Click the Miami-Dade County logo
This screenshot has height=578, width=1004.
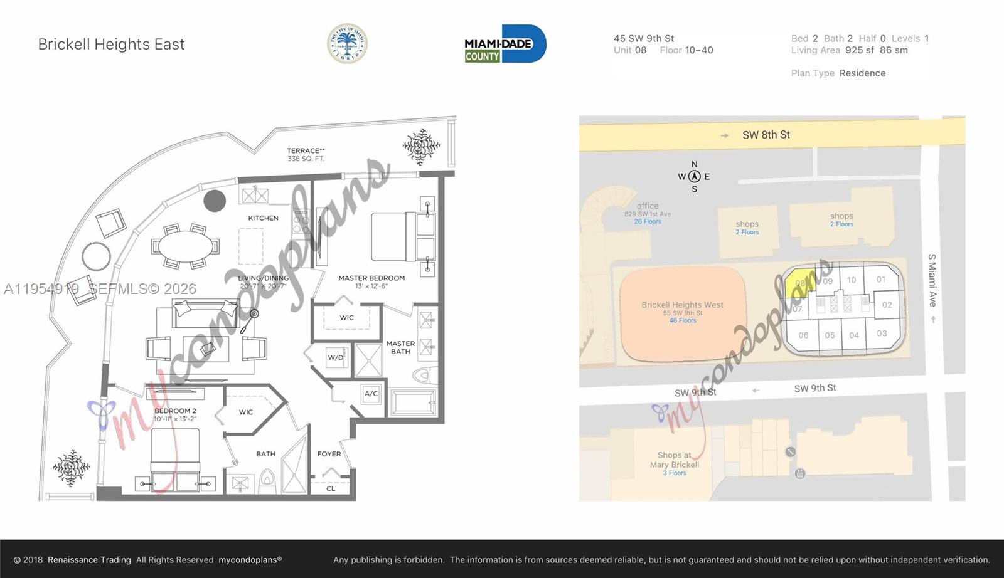(x=505, y=44)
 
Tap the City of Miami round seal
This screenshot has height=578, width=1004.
(x=347, y=44)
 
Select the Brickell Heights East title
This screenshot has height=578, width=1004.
(x=111, y=45)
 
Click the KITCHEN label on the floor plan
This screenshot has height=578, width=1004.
(x=263, y=218)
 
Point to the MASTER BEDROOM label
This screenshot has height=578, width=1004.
(x=371, y=278)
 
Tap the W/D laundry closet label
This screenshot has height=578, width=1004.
(x=336, y=358)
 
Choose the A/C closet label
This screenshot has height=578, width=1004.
(x=371, y=394)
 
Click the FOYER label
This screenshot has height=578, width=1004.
(x=329, y=454)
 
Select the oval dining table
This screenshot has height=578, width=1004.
(x=186, y=246)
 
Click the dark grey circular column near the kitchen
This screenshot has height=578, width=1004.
(x=215, y=201)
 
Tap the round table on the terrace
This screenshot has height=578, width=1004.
(x=96, y=256)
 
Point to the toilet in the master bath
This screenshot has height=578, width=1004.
(x=422, y=376)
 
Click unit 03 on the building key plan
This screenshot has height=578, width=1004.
(x=882, y=334)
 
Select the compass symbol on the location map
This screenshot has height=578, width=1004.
(x=694, y=177)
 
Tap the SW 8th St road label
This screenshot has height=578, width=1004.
(x=766, y=135)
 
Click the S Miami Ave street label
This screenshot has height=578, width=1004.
(x=932, y=280)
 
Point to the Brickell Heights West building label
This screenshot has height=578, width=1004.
(x=682, y=305)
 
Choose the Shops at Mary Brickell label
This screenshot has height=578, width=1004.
(x=675, y=460)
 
